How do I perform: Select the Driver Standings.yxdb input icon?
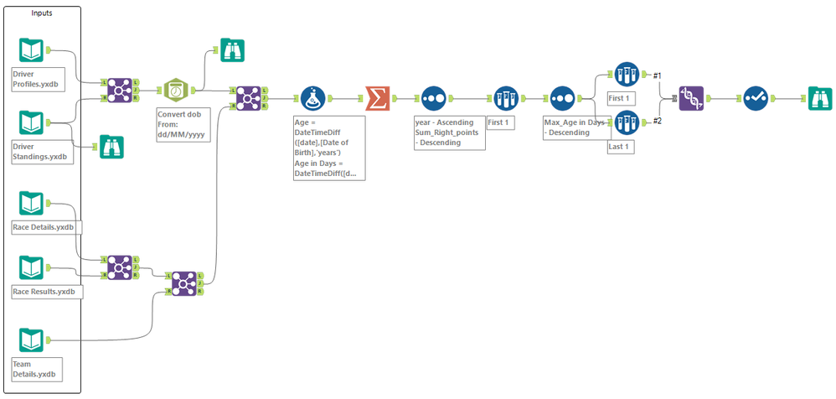tap(31, 123)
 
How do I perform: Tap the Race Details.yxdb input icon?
tap(31, 203)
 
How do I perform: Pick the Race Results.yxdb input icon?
tap(31, 267)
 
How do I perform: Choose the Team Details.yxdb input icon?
tap(31, 340)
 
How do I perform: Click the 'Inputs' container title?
tap(41, 13)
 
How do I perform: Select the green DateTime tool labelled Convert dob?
tap(176, 90)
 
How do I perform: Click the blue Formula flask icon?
tap(312, 99)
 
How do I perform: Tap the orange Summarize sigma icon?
tap(378, 99)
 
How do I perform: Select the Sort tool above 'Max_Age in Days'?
tap(563, 99)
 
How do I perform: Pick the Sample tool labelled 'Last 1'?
tap(626, 123)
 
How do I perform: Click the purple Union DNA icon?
tap(692, 99)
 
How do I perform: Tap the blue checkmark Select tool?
tap(757, 99)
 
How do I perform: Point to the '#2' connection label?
tap(657, 121)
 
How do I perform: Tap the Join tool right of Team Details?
tap(184, 283)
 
